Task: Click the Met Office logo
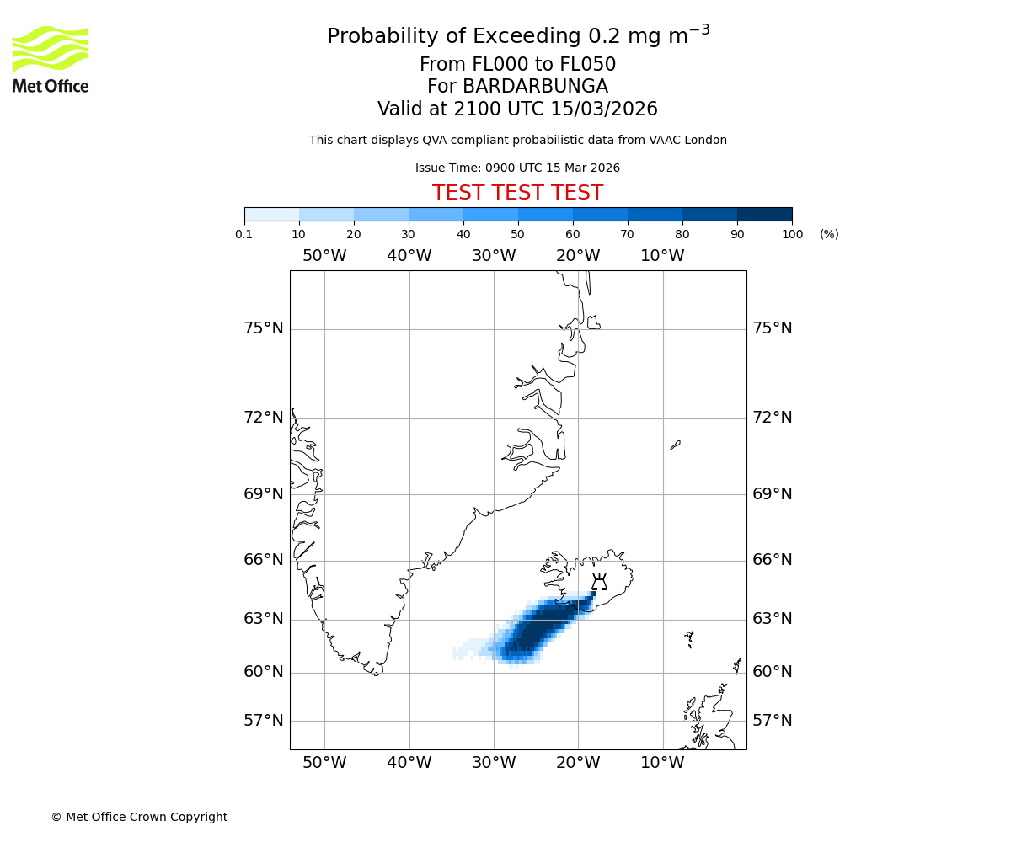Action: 51,59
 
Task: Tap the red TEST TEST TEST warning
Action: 517,193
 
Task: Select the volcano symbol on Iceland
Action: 599,582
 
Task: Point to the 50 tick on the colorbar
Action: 518,234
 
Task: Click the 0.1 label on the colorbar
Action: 244,234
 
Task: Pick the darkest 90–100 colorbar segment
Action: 764,214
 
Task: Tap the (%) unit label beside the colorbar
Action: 829,234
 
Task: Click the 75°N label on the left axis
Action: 264,328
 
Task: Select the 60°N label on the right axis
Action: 772,672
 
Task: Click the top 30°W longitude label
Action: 494,256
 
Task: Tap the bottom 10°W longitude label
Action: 662,763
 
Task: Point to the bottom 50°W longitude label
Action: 324,763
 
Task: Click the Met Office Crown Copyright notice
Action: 139,817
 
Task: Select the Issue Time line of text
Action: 517,168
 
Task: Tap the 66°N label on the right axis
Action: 772,560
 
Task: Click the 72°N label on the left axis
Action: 264,418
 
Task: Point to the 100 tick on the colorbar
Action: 792,234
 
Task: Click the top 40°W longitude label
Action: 409,256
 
